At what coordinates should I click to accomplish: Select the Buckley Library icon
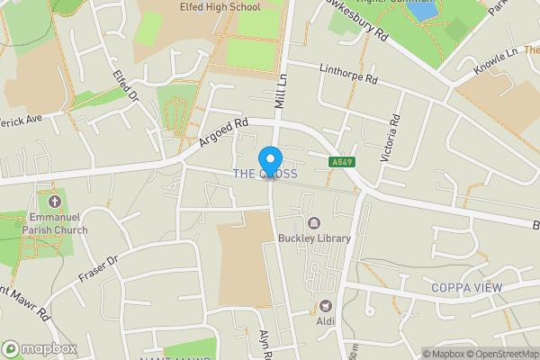pos(314,223)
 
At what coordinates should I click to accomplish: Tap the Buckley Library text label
pos(314,238)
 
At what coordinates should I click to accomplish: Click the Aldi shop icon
pos(326,307)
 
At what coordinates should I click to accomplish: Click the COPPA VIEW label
pos(466,288)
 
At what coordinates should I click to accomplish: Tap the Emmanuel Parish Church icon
pos(53,202)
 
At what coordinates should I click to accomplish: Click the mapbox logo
pos(40,348)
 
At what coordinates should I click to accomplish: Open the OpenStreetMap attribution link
pos(500,354)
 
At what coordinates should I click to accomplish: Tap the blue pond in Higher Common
pos(424,11)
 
